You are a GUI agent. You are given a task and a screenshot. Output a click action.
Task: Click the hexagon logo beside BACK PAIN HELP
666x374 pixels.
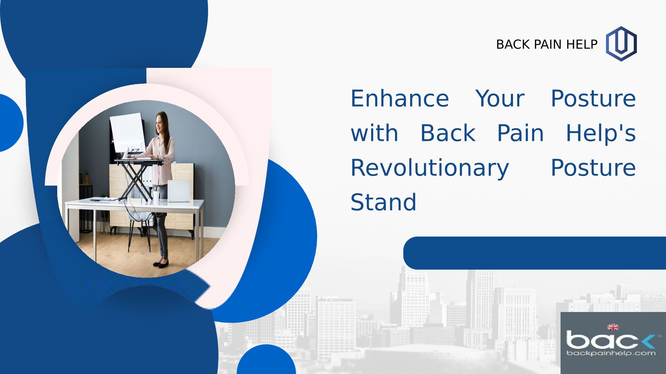click(x=621, y=44)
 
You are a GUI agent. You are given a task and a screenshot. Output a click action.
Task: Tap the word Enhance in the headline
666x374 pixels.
click(x=400, y=99)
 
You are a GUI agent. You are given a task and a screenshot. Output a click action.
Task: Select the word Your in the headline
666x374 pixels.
click(x=500, y=99)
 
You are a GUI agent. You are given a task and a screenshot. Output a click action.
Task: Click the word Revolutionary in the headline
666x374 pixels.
click(x=430, y=168)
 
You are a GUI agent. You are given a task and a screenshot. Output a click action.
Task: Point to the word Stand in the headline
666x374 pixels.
click(x=383, y=202)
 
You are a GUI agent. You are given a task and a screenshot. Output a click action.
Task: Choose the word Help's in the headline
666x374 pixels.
click(x=601, y=133)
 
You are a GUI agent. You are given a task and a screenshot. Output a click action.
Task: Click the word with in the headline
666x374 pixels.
click(x=374, y=133)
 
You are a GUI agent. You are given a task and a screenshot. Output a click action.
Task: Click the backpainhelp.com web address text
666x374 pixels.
click(x=611, y=353)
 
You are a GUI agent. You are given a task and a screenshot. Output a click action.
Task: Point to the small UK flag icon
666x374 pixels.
click(x=613, y=327)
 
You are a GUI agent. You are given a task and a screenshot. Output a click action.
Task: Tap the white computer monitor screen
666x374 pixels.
click(x=128, y=133)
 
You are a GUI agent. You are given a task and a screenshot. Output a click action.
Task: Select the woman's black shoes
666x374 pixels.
click(x=161, y=263)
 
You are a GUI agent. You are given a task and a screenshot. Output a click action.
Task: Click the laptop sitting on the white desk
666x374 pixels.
click(x=179, y=191)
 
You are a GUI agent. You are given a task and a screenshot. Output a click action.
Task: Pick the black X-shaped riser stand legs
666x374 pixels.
click(x=136, y=181)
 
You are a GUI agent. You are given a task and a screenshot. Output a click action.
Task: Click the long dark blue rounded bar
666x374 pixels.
click(x=535, y=253)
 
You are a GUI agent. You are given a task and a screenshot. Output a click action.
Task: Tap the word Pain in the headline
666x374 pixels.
click(x=520, y=133)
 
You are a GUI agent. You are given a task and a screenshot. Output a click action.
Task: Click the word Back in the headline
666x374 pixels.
click(x=448, y=133)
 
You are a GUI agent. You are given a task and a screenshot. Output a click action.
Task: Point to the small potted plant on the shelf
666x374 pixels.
click(x=86, y=177)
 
